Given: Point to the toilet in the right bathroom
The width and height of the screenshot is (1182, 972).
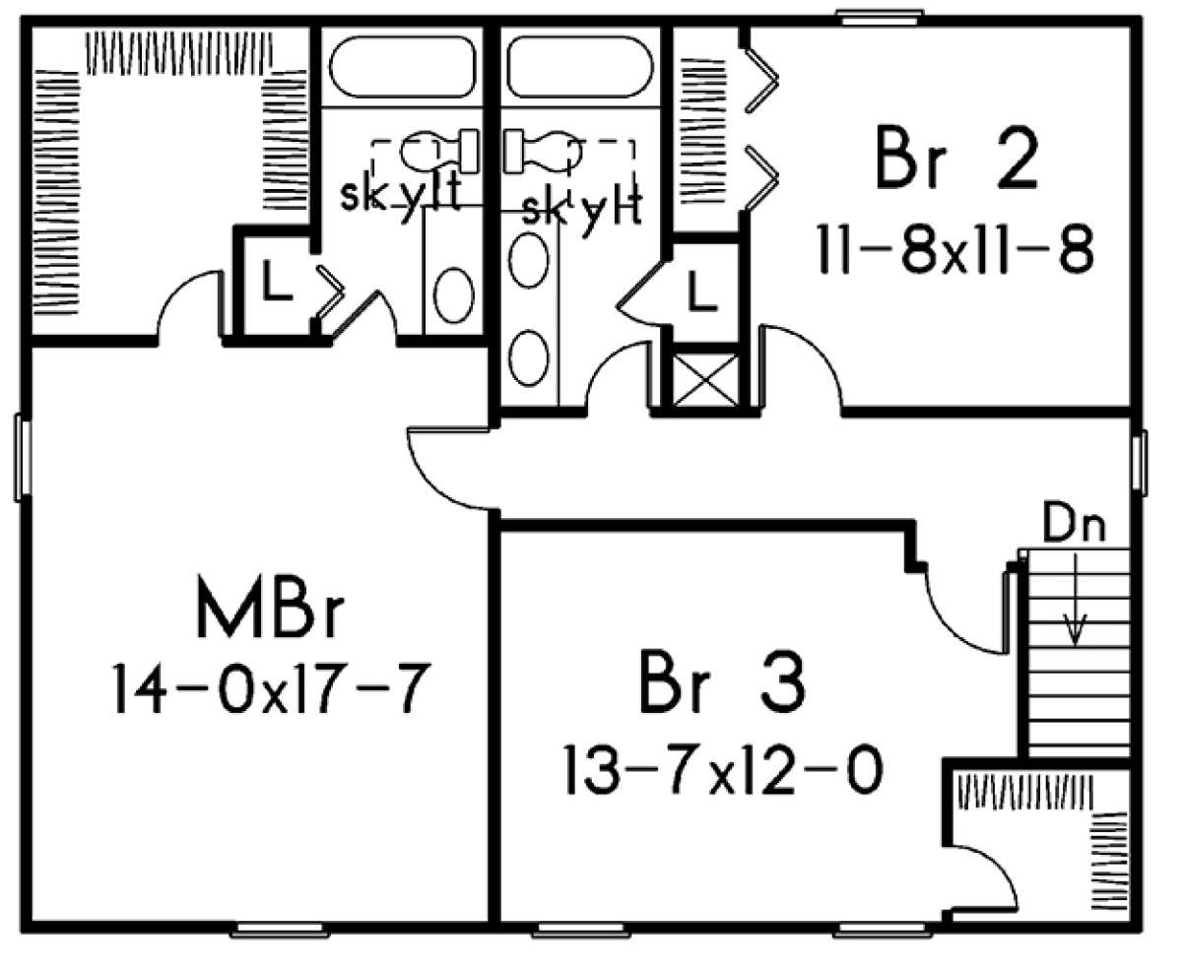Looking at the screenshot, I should [x=540, y=150].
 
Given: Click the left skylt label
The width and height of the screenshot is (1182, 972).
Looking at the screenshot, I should [x=400, y=195].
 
